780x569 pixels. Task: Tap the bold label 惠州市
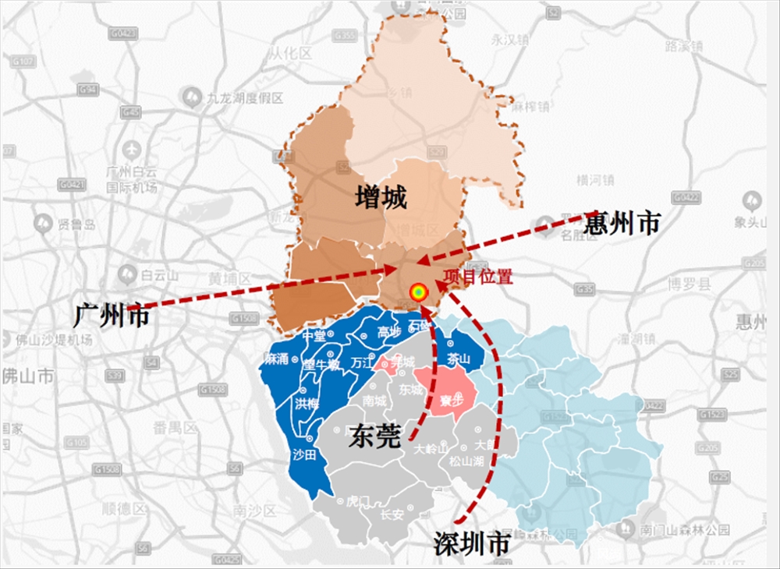pos(622,224)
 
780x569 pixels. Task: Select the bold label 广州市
pos(111,316)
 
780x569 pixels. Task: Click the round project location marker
pos(419,292)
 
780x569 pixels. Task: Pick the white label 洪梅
pos(307,403)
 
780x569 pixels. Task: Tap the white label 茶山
pos(459,359)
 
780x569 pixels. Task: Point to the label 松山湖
pos(466,461)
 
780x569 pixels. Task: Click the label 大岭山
pos(431,449)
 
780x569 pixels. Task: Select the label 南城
pos(374,401)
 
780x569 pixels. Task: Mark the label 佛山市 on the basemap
pos(28,376)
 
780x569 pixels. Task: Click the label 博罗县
pos(690,284)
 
